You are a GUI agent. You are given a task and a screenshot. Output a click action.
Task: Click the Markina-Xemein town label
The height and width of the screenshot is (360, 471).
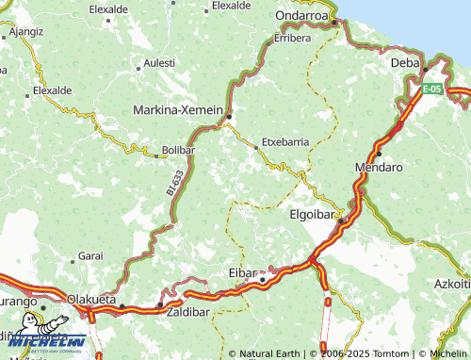[179, 109]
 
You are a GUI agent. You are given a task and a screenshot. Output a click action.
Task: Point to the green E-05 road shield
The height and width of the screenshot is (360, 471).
[431, 89]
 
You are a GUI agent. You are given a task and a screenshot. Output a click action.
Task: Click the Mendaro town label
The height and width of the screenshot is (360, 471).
[379, 167]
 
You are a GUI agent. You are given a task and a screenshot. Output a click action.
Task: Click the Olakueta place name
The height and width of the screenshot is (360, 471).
[91, 299]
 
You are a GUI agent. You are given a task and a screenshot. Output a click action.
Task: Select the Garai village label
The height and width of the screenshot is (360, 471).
[90, 255]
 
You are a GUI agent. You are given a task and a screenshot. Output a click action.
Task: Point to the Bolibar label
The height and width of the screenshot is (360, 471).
[178, 150]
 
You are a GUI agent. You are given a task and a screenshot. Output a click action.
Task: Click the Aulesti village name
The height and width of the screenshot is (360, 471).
[157, 63]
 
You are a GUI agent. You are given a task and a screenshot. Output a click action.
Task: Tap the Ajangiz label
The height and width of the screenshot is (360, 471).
[25, 31]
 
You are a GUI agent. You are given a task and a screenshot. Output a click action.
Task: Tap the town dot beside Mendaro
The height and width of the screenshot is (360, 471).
[379, 153]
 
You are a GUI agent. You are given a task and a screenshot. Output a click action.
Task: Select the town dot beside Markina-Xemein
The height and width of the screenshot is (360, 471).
[229, 117]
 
